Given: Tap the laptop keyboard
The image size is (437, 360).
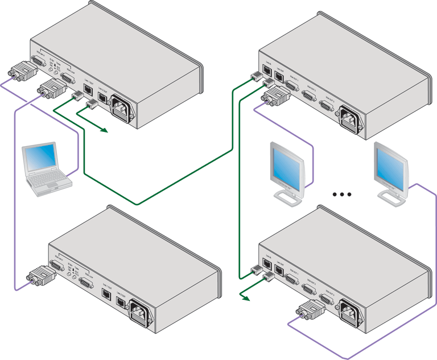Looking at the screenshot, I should click(x=51, y=181).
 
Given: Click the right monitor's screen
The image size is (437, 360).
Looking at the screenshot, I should click(x=392, y=165).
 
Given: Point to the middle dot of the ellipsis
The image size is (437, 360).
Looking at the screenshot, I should click(x=343, y=195).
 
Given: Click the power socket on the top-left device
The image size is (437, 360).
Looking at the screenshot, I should click(x=123, y=109).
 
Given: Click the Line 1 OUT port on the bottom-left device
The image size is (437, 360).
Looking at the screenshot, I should click(x=106, y=294).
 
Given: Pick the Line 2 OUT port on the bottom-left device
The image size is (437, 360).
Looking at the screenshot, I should click(x=121, y=302).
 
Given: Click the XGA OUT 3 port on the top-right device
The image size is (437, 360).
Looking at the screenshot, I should click(x=326, y=105).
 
